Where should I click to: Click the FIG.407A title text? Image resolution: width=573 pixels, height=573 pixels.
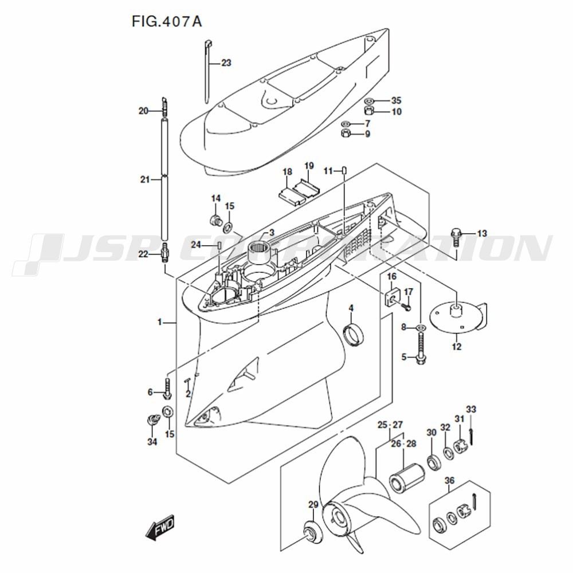pos(167,22)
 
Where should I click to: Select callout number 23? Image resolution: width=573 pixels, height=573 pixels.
pos(226,63)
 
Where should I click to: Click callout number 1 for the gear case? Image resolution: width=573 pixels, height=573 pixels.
pos(161,323)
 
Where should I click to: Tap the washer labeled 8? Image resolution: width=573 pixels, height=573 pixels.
pos(421,327)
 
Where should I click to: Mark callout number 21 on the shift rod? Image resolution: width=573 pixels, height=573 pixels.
pos(144,179)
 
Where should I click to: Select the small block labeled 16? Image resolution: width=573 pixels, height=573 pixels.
pos(392,297)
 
